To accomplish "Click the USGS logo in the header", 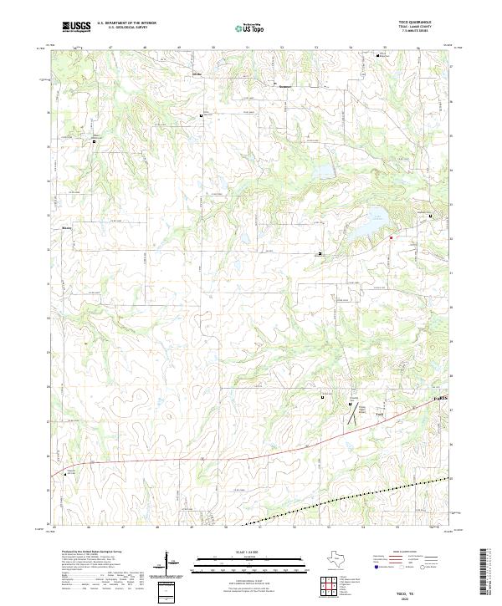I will (x=76, y=27).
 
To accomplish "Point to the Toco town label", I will (x=379, y=415).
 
